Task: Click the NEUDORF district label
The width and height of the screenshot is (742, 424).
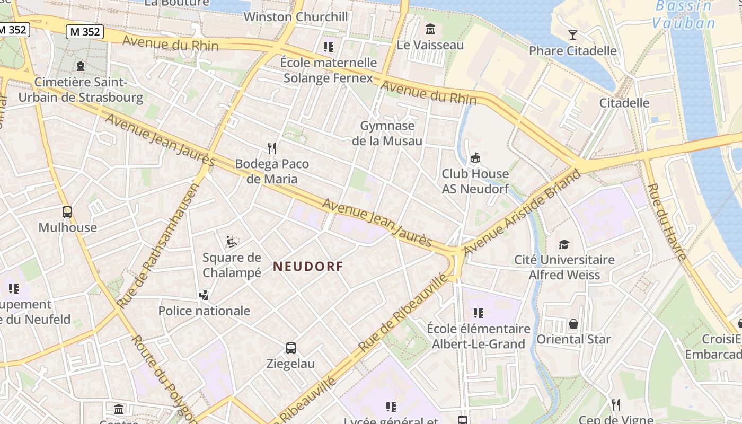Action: coord(308,267)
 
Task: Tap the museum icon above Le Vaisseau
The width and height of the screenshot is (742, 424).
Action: coord(430,28)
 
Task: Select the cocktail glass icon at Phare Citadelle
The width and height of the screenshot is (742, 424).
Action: coord(572,35)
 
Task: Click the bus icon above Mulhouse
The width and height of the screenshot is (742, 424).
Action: coord(67,212)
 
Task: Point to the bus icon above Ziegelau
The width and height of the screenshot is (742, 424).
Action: coord(290,348)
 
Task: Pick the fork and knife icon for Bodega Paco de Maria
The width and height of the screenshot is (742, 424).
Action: coord(272,148)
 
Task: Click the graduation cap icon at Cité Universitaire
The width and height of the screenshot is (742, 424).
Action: coord(564,244)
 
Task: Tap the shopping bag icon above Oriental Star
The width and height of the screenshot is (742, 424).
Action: coord(573,324)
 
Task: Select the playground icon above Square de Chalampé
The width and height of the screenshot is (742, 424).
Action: coord(232,242)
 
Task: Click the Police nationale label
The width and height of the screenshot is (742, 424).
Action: coord(204,311)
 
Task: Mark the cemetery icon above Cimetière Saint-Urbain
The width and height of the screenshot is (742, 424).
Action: coord(80,66)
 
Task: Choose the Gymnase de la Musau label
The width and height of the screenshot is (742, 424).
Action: coord(387,133)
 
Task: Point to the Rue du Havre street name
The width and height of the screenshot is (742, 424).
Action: coord(667,222)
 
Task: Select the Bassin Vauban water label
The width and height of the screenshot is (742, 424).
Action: coord(684,14)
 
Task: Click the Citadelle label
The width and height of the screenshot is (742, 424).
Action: coord(624,103)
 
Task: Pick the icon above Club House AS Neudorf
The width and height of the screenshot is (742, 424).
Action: coord(475,158)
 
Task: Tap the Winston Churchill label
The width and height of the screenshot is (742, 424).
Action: coord(296,17)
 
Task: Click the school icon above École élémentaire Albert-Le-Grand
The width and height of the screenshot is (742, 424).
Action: coord(478,313)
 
